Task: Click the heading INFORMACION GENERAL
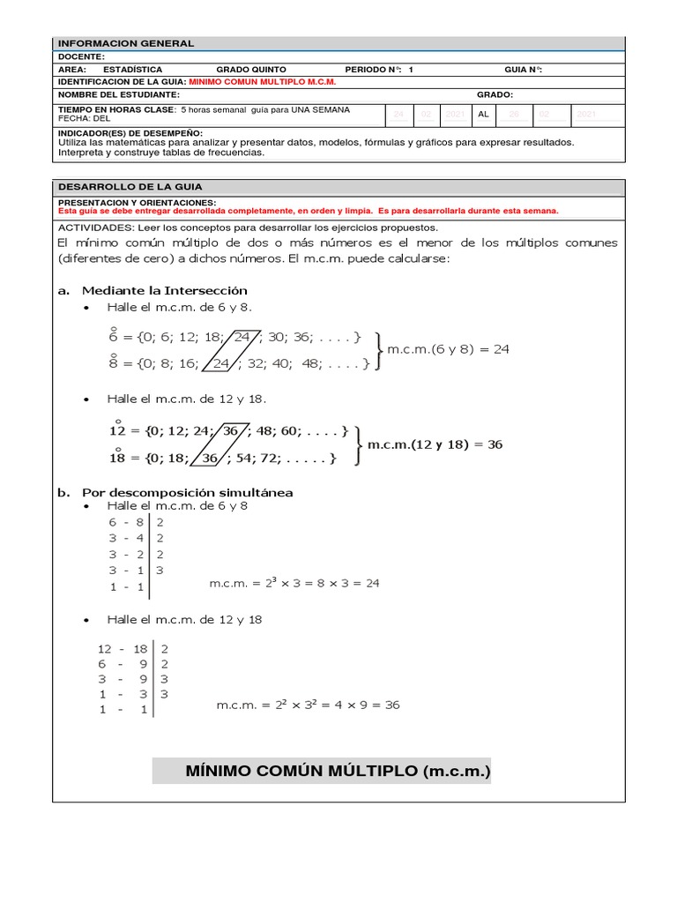click(x=126, y=43)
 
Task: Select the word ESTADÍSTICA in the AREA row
click(x=133, y=69)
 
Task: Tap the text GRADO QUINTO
click(x=251, y=69)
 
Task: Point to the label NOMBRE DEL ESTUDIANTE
click(x=119, y=94)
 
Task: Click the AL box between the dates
click(x=483, y=115)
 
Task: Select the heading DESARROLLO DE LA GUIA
click(x=130, y=187)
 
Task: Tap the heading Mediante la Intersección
click(x=165, y=290)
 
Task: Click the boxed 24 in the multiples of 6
click(x=243, y=337)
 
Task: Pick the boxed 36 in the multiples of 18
click(x=210, y=459)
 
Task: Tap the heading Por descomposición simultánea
click(x=188, y=492)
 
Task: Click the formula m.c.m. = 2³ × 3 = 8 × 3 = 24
click(x=294, y=584)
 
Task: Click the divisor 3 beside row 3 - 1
click(x=160, y=571)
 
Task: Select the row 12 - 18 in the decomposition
click(x=122, y=648)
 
